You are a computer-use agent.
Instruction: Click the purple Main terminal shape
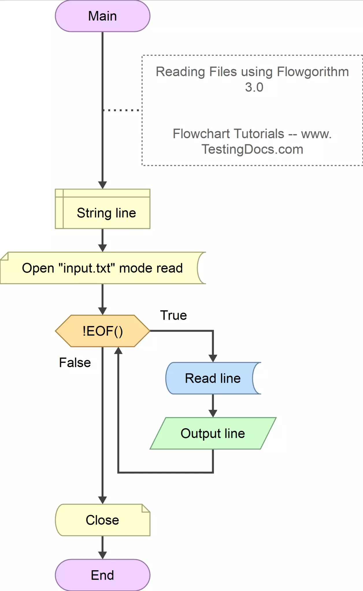pos(102,16)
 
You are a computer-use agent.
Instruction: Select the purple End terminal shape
pos(102,575)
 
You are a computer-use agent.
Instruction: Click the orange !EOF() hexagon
pos(102,331)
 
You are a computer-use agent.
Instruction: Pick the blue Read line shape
pos(213,378)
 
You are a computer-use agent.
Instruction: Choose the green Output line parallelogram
pos(213,433)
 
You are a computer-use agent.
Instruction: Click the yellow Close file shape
pos(102,520)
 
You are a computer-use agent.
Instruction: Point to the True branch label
pos(173,315)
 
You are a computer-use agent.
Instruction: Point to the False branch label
pos(75,362)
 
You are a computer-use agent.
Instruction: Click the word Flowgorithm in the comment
pos(313,72)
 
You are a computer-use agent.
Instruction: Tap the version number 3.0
pos(254,87)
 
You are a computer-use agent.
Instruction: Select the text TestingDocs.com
pos(252,149)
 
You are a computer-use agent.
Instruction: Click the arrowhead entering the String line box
pos(102,185)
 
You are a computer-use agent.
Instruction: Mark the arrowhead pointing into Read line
pos(213,358)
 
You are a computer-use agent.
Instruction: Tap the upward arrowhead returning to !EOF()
pos(118,351)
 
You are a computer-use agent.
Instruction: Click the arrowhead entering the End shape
pos(102,555)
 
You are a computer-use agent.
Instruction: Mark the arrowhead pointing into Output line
pos(213,413)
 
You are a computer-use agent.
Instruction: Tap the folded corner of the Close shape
pos(146,508)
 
